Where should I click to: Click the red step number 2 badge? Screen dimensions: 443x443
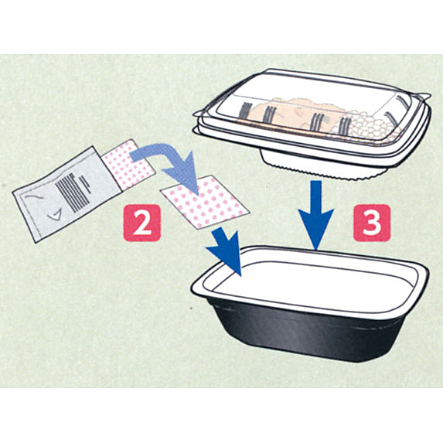tap(142, 223)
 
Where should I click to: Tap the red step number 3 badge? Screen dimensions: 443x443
tap(372, 223)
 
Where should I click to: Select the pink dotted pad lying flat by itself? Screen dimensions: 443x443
tap(205, 202)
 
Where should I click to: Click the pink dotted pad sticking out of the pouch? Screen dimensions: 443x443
tap(128, 164)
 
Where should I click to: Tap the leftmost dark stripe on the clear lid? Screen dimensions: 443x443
tap(245, 111)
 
